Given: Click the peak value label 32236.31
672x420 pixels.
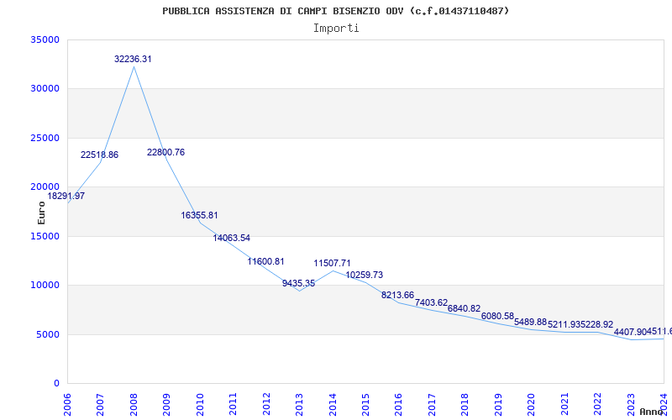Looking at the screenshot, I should pos(133,59).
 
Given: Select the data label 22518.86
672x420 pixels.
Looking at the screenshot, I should pos(99,155).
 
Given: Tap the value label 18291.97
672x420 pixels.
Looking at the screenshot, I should pos(66,196).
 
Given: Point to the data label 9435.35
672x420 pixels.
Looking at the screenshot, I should pos(298,283).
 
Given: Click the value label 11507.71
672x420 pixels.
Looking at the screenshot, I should pos(332,263).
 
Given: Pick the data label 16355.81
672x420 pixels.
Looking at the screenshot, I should pos(199,215).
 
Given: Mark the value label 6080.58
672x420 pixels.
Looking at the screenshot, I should pos(497,316).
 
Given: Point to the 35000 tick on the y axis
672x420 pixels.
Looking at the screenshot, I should pos(45,39).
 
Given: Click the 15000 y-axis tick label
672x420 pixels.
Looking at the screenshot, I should pos(45,236).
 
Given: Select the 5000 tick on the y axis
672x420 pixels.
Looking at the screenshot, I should pos(47,334).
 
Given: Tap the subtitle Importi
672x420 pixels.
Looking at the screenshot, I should pos(336,28).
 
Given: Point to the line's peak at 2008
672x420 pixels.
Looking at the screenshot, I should pos(134,66).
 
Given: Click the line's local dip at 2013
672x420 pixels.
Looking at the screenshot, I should pos(299,291).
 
